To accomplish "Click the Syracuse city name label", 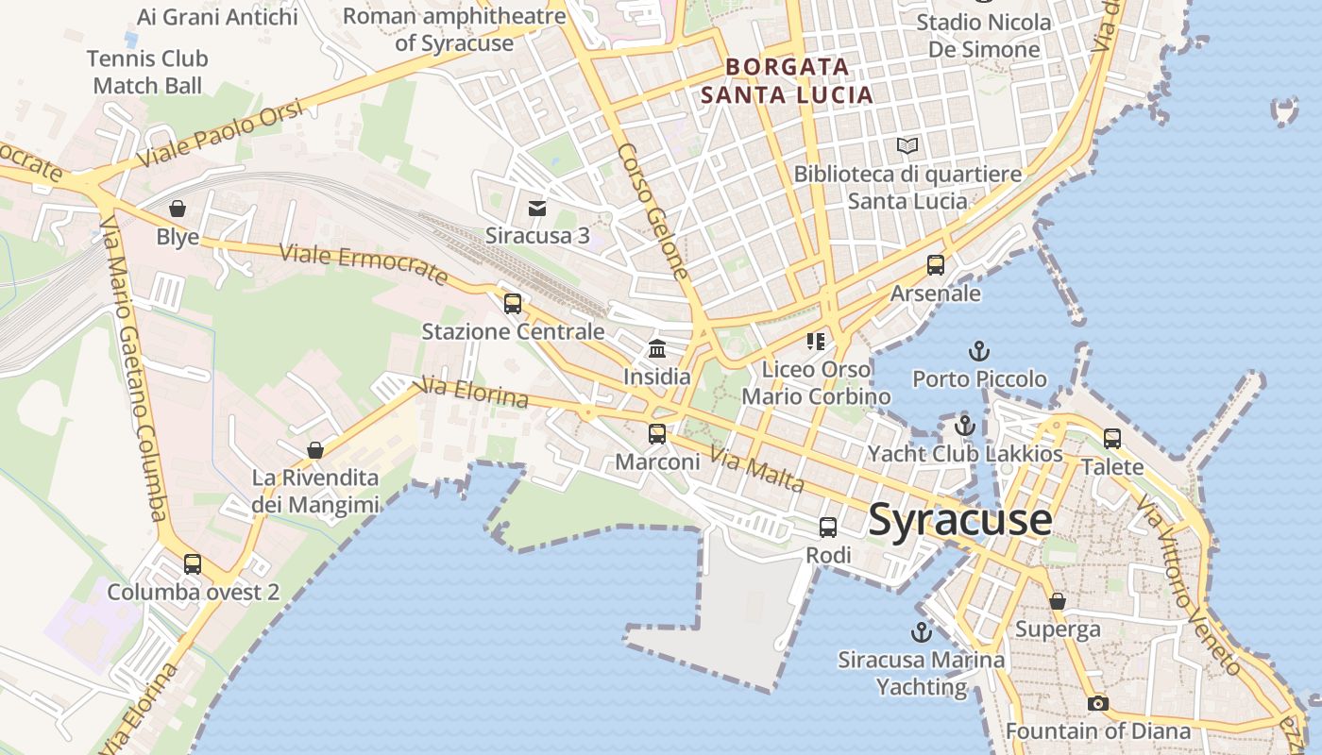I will point(959,520).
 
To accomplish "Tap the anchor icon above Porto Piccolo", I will point(979,351).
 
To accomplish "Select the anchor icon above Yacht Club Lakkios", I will point(964,426).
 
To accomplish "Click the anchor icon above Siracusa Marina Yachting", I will point(921,631).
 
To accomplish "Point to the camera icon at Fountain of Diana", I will point(1097,703).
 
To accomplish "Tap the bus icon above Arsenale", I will point(936,265).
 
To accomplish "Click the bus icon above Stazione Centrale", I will point(513,304).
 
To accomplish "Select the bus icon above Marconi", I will point(657,434).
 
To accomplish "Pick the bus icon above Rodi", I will point(828,528).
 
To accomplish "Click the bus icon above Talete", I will point(1112,439).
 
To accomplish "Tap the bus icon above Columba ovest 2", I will point(193,564).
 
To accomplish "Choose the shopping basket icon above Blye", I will point(178,209).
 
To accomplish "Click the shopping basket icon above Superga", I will point(1058,601).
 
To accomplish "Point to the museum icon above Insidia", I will point(657,349).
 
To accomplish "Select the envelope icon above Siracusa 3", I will point(537,208).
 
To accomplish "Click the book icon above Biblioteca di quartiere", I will point(907,146).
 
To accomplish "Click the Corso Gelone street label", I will point(653,211).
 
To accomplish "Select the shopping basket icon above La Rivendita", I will point(315,451).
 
